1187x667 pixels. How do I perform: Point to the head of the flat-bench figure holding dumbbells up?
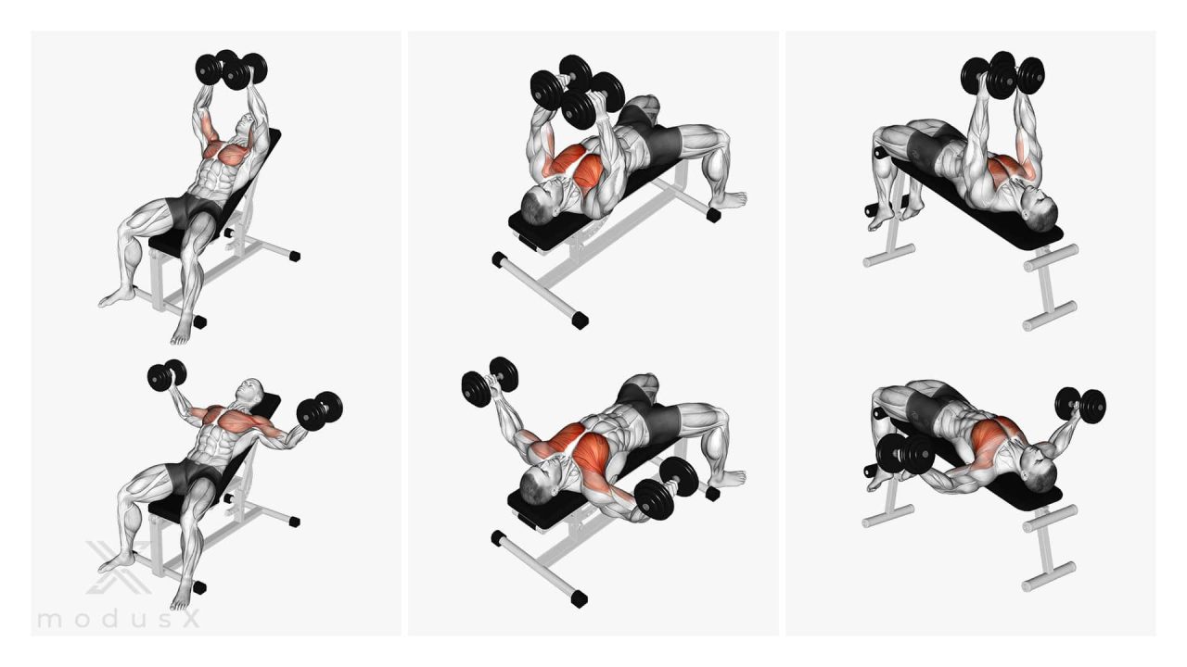coord(537,202)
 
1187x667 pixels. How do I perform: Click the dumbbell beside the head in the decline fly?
coord(1080,405)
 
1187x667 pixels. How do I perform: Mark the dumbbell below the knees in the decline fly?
coord(905,454)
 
